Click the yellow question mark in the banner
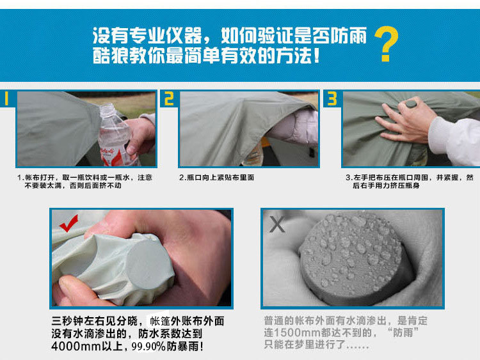(387, 43)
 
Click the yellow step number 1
(6, 99)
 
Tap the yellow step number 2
(169, 99)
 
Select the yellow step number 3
(332, 99)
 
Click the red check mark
(69, 223)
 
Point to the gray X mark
(277, 224)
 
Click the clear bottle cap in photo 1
(107, 110)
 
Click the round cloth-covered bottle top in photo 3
(411, 104)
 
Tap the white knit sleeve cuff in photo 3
(441, 134)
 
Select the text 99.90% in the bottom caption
(148, 346)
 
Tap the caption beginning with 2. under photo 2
(217, 177)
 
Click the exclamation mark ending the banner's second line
(317, 56)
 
